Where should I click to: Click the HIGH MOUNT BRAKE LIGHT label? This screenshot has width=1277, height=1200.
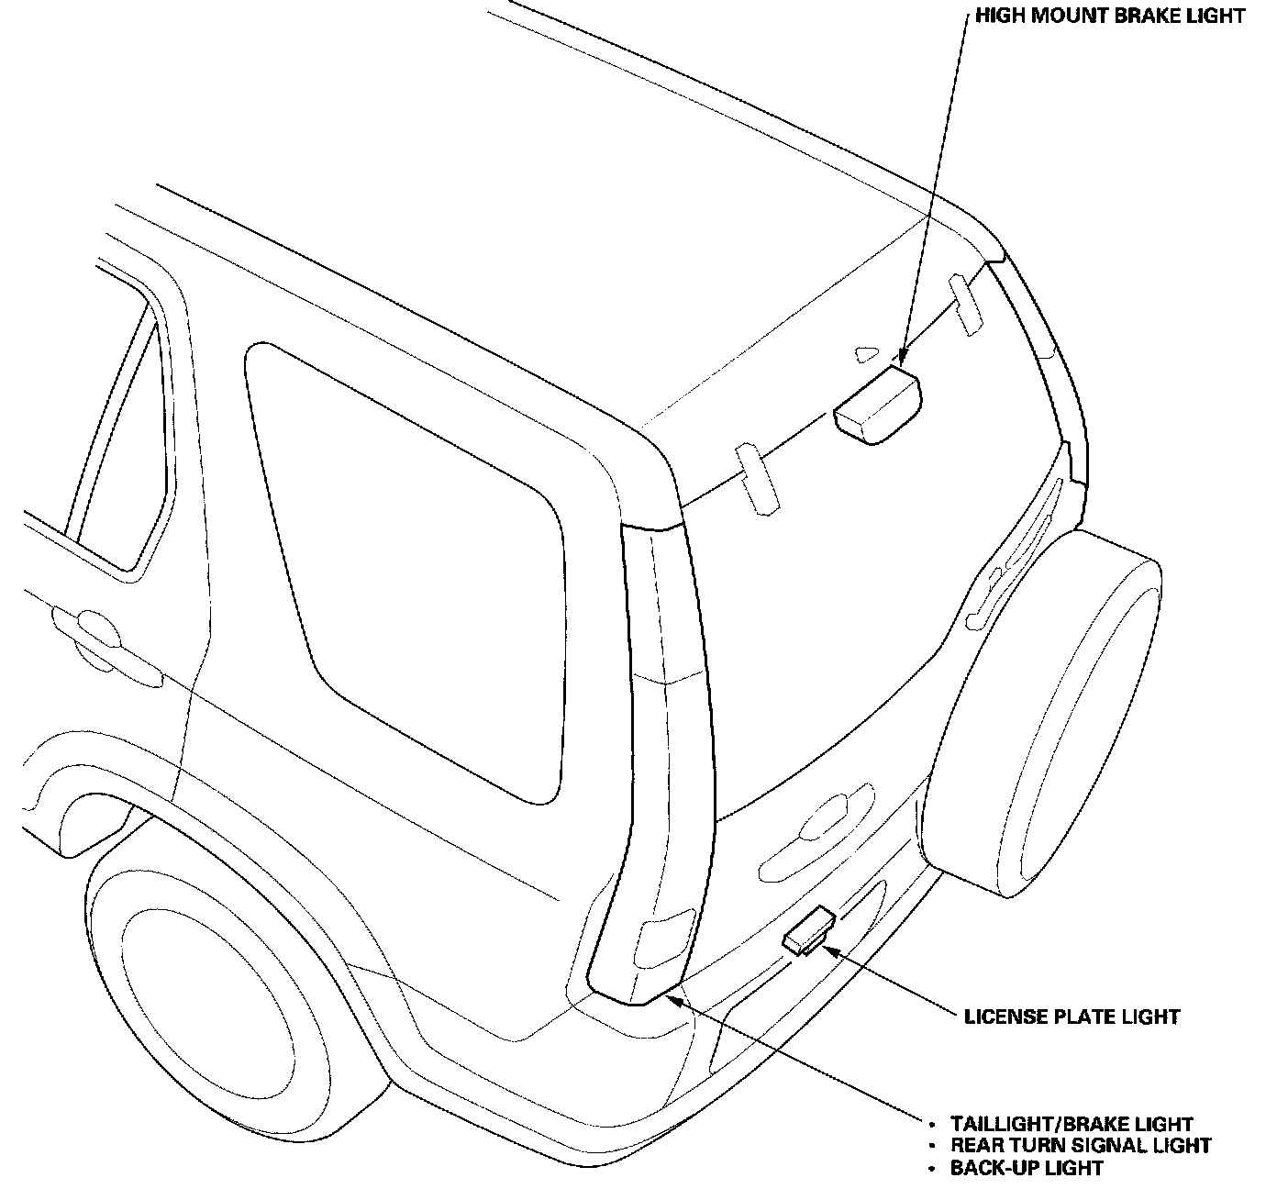point(1111,16)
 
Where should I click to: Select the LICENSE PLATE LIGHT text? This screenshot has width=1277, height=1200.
point(1072,1017)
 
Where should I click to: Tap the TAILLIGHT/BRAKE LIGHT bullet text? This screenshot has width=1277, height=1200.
point(1072,1124)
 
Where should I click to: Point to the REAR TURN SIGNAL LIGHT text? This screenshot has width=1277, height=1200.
point(1080,1146)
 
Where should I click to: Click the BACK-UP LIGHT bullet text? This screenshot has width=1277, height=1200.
point(1027,1168)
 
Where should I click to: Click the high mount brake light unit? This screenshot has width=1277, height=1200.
point(877,406)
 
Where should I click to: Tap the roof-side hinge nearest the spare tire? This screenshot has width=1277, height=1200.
point(966,303)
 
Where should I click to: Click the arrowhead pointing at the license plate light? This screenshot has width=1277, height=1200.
point(830,950)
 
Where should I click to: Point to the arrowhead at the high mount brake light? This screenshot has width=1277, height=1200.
point(901,359)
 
